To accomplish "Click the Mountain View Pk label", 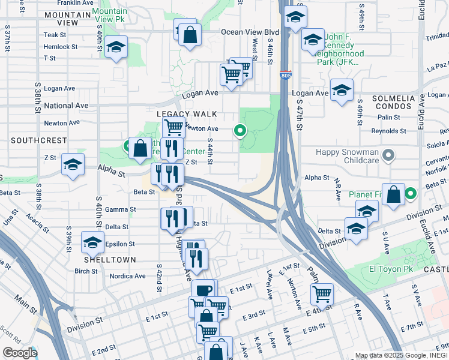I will click(x=111, y=16).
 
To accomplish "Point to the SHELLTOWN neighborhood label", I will click(x=110, y=259).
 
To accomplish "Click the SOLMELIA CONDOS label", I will click(x=394, y=103).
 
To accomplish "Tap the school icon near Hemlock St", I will click(x=115, y=47).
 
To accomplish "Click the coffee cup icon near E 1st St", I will click(x=203, y=290).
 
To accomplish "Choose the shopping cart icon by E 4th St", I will click(x=322, y=293).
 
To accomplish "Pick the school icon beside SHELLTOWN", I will click(x=92, y=242).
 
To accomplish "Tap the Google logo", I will click(x=20, y=353).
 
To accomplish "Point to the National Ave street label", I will click(x=66, y=106).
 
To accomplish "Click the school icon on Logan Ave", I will click(x=342, y=91).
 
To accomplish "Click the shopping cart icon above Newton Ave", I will click(x=173, y=127).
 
